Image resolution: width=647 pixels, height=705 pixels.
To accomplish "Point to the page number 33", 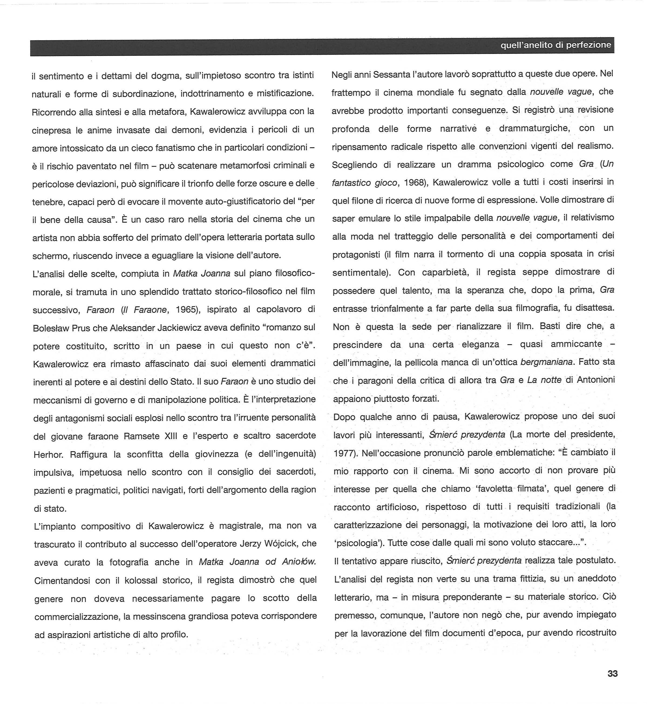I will pyautogui.click(x=613, y=673).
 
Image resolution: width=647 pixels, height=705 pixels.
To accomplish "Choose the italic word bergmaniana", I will pyautogui.click(x=547, y=362).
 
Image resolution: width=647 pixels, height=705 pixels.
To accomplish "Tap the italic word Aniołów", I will pyautogui.click(x=299, y=562).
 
